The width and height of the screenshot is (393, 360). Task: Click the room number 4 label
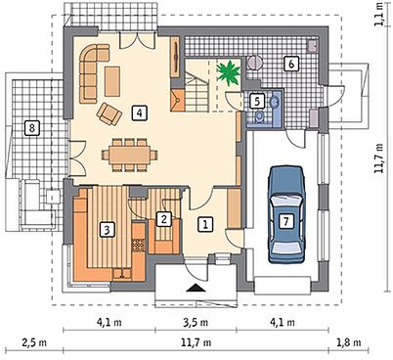click(140, 112)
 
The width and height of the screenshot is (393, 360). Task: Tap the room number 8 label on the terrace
click(31, 128)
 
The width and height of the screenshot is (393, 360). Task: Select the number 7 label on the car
click(285, 221)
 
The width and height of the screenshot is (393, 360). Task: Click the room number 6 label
click(291, 64)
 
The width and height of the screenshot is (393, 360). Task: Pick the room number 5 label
click(257, 102)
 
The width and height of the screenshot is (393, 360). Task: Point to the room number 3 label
click(107, 230)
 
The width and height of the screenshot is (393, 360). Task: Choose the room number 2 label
click(163, 219)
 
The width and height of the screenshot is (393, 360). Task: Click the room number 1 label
click(205, 224)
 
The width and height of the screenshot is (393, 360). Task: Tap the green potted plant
click(229, 73)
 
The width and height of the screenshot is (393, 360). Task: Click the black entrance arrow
click(196, 288)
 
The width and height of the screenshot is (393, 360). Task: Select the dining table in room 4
click(129, 155)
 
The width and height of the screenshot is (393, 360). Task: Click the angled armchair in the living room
click(109, 113)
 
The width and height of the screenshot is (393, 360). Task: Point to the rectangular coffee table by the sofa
click(112, 81)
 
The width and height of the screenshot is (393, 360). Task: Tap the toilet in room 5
click(259, 116)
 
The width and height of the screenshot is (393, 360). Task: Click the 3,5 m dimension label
click(196, 323)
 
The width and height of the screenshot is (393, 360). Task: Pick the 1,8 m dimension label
click(348, 342)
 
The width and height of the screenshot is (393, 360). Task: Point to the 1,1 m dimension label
click(378, 14)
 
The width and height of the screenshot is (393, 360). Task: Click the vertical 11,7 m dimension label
click(378, 157)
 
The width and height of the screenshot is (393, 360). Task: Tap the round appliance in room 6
click(254, 63)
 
